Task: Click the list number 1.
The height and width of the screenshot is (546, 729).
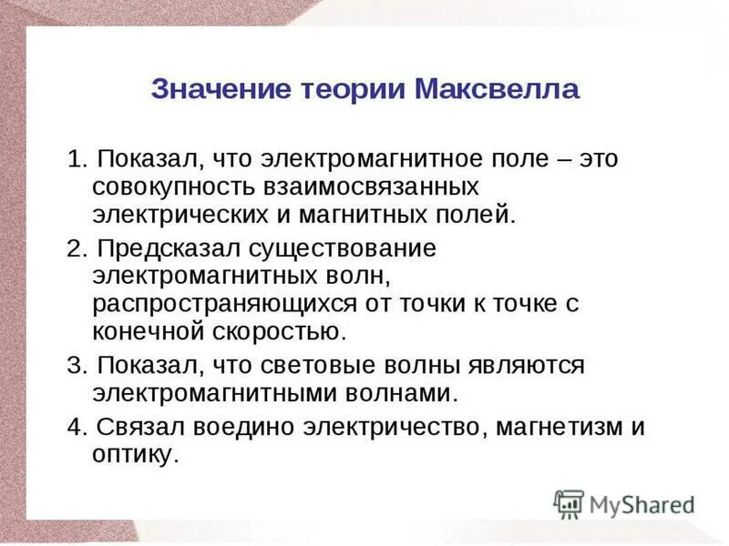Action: pyautogui.click(x=74, y=160)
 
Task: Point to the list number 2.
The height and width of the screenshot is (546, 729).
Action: pyautogui.click(x=74, y=248)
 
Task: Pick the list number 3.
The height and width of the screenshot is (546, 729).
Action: pyautogui.click(x=74, y=366)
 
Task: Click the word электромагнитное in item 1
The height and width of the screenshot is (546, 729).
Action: pyautogui.click(x=364, y=160)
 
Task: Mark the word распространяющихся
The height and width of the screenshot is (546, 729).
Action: pyautogui.click(x=226, y=305)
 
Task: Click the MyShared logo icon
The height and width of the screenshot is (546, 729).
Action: pyautogui.click(x=569, y=503)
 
